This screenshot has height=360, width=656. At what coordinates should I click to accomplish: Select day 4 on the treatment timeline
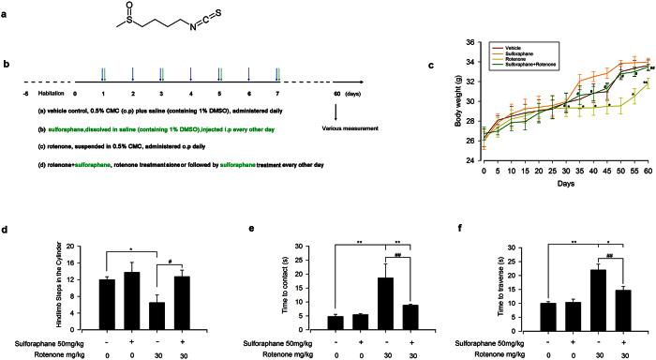(191, 94)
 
